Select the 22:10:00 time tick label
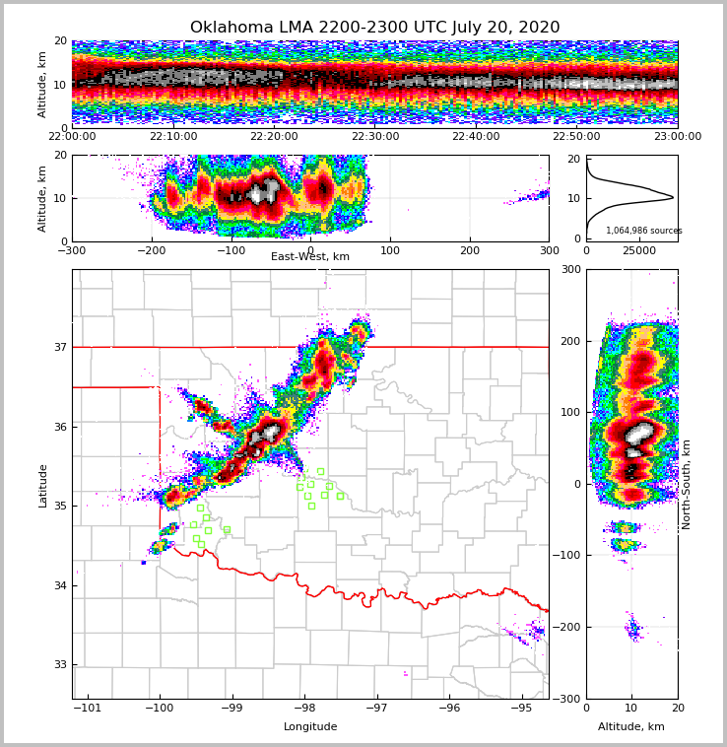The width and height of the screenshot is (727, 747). (x=173, y=137)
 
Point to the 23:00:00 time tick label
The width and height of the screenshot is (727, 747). (x=678, y=137)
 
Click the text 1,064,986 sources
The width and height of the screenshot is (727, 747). (x=643, y=231)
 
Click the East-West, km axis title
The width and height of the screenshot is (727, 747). (x=310, y=257)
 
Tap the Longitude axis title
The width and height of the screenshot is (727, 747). (x=310, y=727)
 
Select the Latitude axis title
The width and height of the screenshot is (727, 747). (x=42, y=485)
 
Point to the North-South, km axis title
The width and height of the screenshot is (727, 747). (x=687, y=484)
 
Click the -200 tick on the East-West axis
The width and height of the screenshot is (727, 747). (x=151, y=251)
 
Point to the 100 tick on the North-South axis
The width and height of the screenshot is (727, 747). (x=570, y=412)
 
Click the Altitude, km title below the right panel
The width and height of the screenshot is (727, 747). (x=631, y=727)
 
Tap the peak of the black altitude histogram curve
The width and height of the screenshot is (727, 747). (x=673, y=197)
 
